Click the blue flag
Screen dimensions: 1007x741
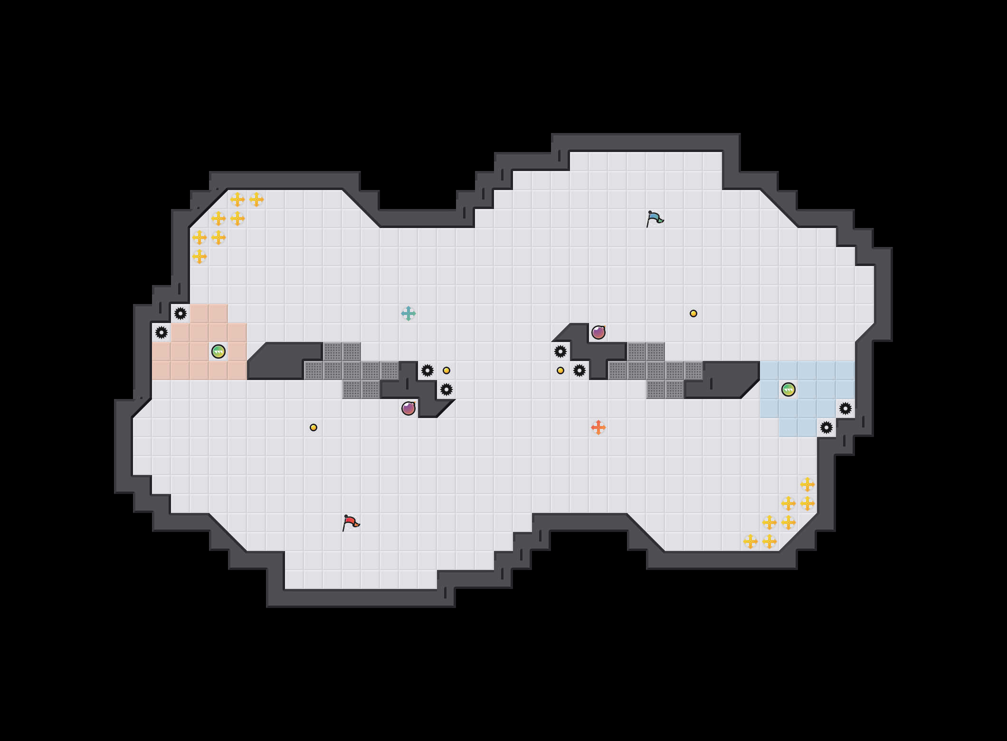click(655, 218)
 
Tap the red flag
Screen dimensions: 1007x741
click(351, 522)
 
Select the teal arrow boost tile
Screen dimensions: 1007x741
click(408, 313)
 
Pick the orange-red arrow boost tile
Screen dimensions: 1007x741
click(598, 427)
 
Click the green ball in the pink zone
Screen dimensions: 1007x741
click(218, 351)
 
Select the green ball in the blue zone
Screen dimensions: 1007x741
click(788, 389)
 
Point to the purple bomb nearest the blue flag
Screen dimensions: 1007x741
click(598, 332)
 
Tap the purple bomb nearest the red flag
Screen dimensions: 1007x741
click(408, 408)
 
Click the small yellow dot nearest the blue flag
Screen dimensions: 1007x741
click(693, 313)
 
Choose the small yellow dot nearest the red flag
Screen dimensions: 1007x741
click(313, 427)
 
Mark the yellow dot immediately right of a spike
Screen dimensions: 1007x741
click(446, 370)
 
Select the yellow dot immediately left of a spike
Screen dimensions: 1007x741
click(560, 370)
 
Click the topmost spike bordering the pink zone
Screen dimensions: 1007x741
click(180, 313)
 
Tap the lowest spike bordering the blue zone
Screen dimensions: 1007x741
click(826, 427)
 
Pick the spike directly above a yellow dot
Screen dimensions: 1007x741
click(560, 351)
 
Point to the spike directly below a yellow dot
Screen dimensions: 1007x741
click(446, 389)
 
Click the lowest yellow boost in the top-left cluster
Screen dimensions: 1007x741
click(199, 256)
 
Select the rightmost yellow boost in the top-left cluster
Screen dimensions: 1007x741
click(256, 199)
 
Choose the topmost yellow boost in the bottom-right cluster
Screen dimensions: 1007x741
click(807, 484)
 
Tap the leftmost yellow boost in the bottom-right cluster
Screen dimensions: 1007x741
click(750, 541)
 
